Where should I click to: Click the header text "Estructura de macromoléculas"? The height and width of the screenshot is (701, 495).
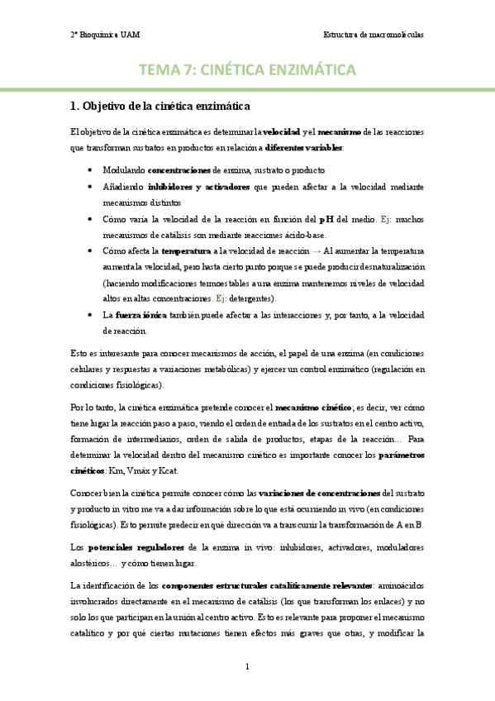373,36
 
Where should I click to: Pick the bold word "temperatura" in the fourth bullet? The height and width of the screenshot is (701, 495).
185,250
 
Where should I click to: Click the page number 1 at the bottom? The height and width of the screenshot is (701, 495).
247,666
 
